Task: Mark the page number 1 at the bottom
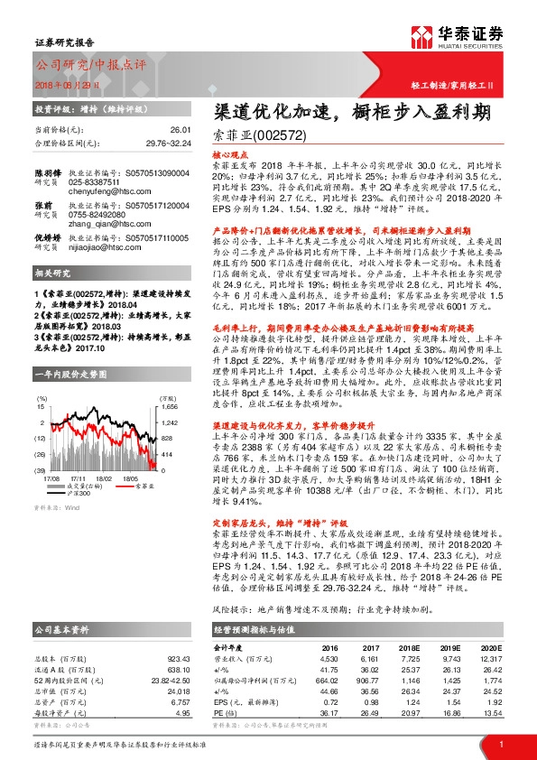coord(500,742)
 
